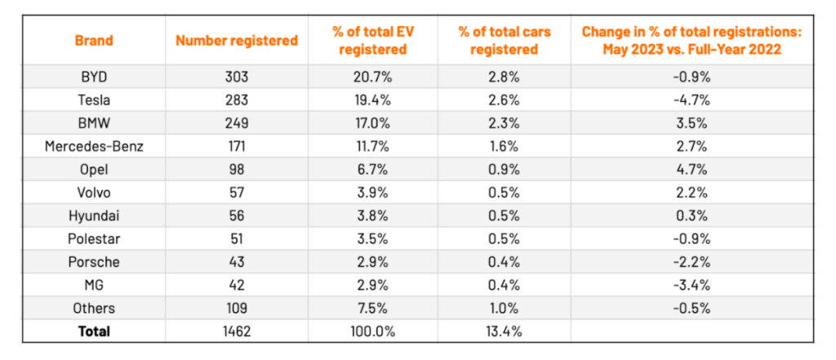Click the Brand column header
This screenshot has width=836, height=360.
94,40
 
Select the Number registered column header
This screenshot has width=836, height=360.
236,40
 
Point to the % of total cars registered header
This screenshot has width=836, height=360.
505,40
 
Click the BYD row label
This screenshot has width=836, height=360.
94,77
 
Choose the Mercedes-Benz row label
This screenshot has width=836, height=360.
94,146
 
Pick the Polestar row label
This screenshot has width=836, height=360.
94,239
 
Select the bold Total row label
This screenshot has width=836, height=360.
94,331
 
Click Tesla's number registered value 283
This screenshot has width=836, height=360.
236,100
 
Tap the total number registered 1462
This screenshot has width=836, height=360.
236,331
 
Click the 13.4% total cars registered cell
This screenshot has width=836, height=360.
505,331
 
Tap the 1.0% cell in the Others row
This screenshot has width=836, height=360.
505,309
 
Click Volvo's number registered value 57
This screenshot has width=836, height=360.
236,193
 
